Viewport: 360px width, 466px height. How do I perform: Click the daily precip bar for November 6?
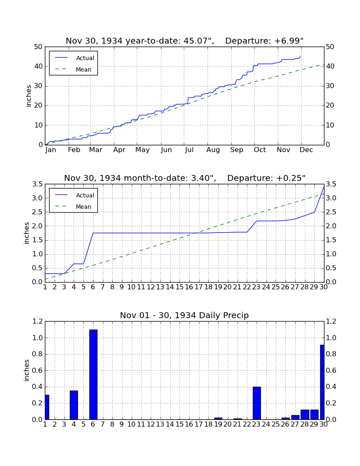click(x=93, y=374)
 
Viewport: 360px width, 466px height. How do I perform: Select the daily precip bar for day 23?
click(x=257, y=403)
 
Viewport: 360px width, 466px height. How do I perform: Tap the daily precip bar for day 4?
click(x=74, y=405)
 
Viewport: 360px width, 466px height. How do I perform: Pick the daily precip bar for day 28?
click(x=305, y=415)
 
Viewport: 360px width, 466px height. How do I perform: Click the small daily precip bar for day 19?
click(x=218, y=419)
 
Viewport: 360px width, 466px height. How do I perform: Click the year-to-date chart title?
click(x=185, y=41)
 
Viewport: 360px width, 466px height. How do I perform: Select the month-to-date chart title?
click(x=185, y=178)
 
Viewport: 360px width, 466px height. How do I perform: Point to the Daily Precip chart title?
click(x=185, y=315)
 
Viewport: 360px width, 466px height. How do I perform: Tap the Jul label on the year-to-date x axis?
click(x=189, y=150)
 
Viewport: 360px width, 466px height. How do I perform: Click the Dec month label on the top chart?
click(x=306, y=150)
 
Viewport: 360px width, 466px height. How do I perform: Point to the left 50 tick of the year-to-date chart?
click(x=39, y=47)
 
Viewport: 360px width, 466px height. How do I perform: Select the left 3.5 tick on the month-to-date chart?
click(x=37, y=184)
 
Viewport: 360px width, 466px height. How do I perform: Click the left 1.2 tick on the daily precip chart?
click(x=37, y=321)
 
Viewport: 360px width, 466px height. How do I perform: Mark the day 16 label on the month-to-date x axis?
click(x=189, y=287)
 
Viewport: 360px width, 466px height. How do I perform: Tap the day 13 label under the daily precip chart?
click(x=161, y=424)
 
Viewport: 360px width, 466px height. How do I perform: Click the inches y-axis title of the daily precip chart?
click(x=27, y=370)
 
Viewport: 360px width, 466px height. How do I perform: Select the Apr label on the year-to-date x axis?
click(x=119, y=150)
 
